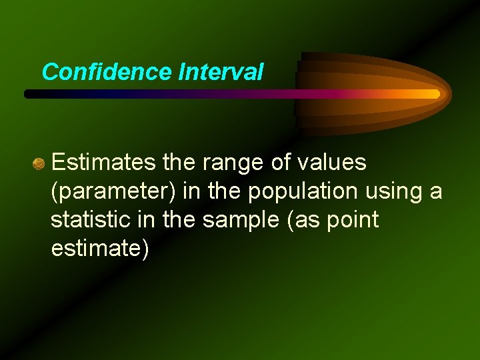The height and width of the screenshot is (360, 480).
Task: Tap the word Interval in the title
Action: point(221,72)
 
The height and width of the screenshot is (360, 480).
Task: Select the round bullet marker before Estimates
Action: point(39,163)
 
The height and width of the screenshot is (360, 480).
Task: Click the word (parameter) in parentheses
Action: point(114,191)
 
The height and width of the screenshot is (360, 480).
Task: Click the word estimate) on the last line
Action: point(100,248)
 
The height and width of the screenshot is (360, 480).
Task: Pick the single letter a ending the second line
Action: point(435,191)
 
